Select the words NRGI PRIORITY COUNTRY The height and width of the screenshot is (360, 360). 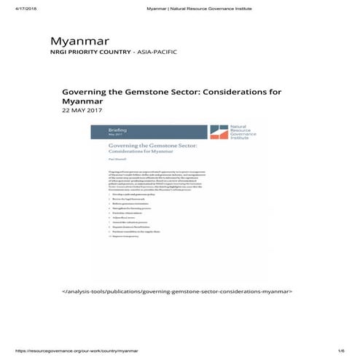83,52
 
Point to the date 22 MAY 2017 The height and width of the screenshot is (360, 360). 82,111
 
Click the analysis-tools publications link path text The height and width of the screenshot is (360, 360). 179,291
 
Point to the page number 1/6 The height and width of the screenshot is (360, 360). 341,351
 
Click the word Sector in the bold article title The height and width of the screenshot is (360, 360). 193,92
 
